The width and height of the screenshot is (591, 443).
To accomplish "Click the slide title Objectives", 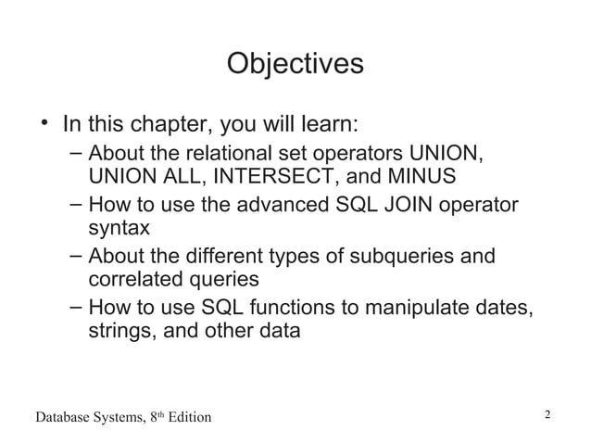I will click(295, 64).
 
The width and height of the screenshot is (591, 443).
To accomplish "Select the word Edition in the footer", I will click(186, 418).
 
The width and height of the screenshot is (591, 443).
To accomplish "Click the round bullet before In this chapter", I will click(43, 123).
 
